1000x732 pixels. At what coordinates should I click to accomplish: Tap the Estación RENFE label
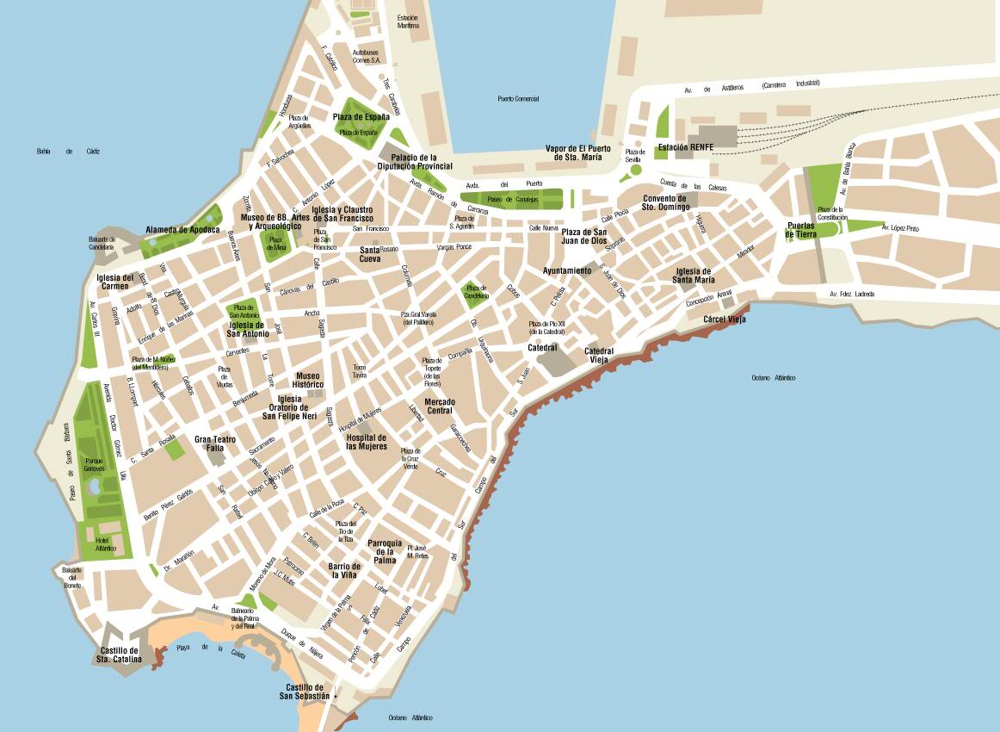[x=685, y=147]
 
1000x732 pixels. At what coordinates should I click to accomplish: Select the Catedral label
[x=542, y=348]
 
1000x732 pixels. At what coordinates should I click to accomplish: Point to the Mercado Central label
[x=440, y=406]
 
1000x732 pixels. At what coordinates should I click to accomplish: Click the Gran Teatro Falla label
[x=208, y=444]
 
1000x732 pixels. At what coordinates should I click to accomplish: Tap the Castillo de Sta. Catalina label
[x=119, y=655]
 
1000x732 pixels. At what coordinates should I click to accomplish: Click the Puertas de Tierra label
[x=800, y=230]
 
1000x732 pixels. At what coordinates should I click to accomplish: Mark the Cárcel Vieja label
[x=724, y=319]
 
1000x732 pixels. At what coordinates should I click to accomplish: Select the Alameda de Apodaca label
[x=182, y=230]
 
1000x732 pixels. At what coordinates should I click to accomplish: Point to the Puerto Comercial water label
[x=518, y=99]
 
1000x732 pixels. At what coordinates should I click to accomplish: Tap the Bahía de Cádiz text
[x=68, y=152]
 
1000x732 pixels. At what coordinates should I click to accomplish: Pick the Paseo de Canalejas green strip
[x=512, y=200]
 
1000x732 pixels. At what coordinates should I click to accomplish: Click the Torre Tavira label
[x=360, y=372]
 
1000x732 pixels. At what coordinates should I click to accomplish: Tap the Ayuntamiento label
[x=566, y=270]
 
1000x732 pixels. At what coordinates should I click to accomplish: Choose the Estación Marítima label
[x=408, y=22]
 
